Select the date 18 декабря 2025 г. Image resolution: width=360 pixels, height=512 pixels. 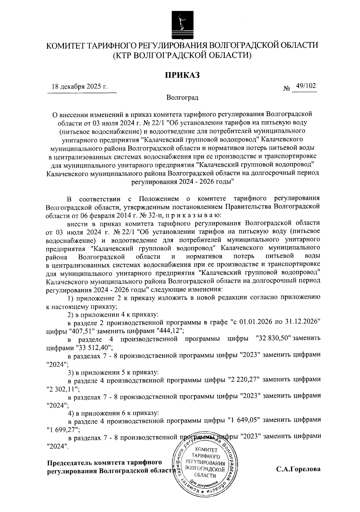click(x=79, y=87)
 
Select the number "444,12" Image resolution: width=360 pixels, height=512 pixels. click(x=168, y=330)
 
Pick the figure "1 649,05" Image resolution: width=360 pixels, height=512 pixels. click(x=243, y=420)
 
